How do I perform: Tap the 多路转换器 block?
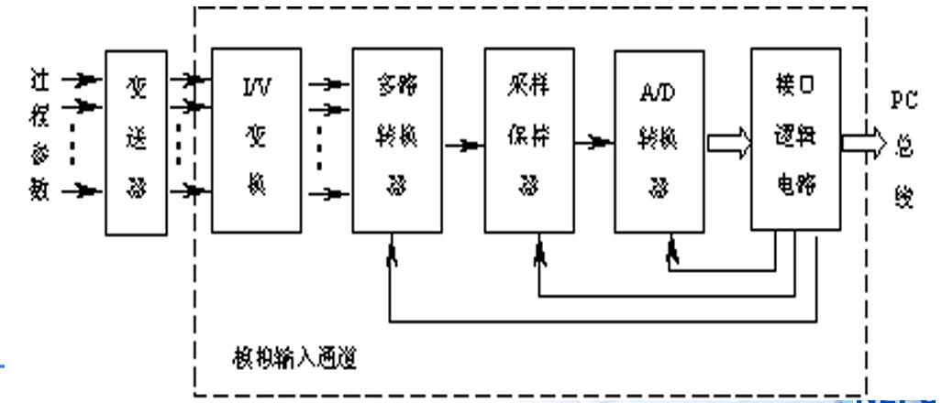(391, 140)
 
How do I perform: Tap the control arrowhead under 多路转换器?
(391, 254)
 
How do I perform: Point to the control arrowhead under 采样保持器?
(540, 253)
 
